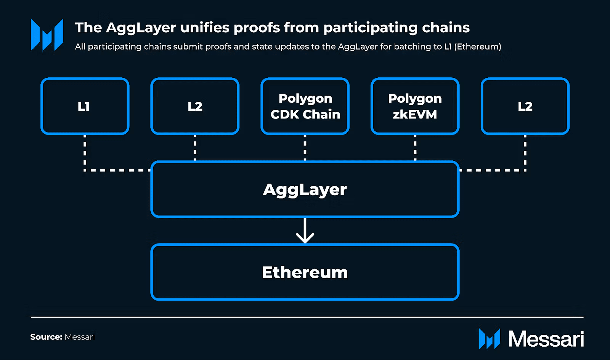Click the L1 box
pos(85,106)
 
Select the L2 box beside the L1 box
pos(195,106)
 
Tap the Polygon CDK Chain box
pos(305,106)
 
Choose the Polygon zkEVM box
pos(415,106)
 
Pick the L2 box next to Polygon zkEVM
pos(525,106)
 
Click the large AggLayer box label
pos(305,190)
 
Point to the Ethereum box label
pos(305,272)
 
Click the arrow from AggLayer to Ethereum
pos(305,231)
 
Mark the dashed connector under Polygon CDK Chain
pos(305,148)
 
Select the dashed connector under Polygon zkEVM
pos(415,148)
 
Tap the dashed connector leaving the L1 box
pos(85,152)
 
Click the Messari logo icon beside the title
pos(47,35)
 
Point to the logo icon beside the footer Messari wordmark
pos(490,339)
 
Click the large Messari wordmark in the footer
pos(546,339)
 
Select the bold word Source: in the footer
pos(46,337)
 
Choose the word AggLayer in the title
pos(141,28)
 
